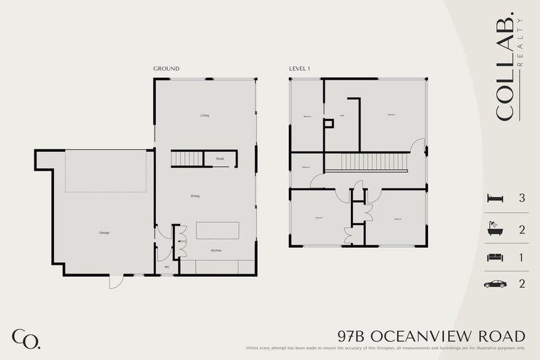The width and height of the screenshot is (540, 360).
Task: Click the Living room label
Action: point(205,115)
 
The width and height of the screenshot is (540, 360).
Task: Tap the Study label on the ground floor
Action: point(220,159)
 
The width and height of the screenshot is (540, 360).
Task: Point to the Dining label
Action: point(194,196)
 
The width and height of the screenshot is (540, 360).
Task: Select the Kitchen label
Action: point(216,251)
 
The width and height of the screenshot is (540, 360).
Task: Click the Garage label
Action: point(105,232)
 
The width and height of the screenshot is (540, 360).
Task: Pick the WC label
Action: point(167,267)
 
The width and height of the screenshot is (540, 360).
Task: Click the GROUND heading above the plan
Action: point(166,69)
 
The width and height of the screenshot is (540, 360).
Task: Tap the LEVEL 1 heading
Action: point(300,69)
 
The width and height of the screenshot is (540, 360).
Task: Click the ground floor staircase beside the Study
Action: point(187,159)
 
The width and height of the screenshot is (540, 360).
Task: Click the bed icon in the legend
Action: point(493,199)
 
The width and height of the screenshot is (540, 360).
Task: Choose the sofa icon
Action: point(493,257)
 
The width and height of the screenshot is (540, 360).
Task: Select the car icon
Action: point(493,284)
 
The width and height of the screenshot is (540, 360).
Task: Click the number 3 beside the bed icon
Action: point(522,199)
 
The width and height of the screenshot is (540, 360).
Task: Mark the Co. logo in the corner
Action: point(26,338)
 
